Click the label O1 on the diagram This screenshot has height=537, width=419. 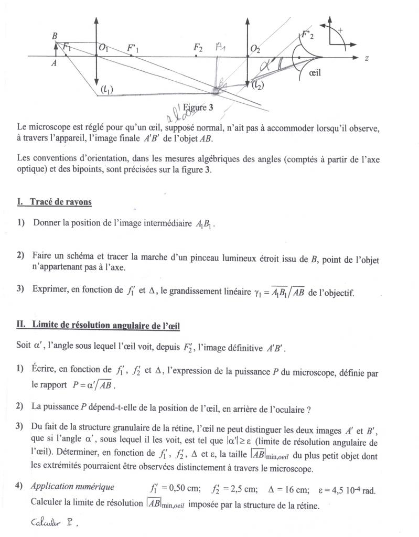[x=103, y=49]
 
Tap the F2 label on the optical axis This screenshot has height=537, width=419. [x=198, y=48]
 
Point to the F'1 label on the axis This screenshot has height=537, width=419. [x=133, y=48]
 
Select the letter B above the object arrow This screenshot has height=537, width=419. [x=55, y=36]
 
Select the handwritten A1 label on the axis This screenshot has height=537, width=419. [x=221, y=47]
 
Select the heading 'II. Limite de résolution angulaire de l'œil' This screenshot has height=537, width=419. [x=99, y=326]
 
